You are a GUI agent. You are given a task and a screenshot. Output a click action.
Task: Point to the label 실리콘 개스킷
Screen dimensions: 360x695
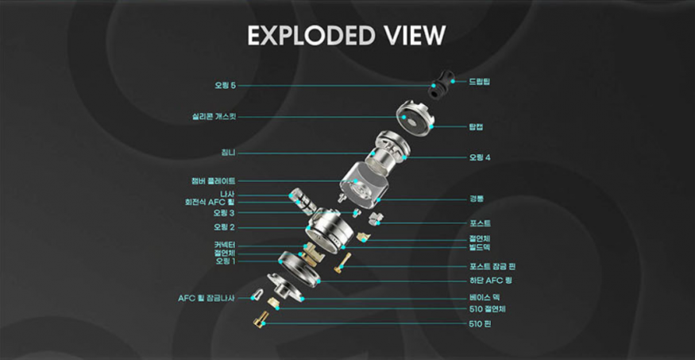(x=208, y=118)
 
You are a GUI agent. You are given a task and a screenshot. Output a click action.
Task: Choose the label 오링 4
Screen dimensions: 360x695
(x=480, y=157)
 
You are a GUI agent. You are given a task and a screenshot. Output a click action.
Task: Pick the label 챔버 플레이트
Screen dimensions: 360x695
(x=213, y=181)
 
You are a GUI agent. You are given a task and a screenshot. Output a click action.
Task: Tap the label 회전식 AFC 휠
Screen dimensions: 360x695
(x=210, y=203)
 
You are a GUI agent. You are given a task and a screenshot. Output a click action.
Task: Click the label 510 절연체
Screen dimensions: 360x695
(x=487, y=309)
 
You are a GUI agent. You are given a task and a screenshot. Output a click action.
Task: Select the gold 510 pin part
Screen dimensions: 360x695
(x=260, y=320)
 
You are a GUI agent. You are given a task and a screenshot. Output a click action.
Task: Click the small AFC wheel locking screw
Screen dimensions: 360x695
(x=257, y=296)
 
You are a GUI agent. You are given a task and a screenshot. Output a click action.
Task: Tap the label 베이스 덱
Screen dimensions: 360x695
(x=482, y=297)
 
